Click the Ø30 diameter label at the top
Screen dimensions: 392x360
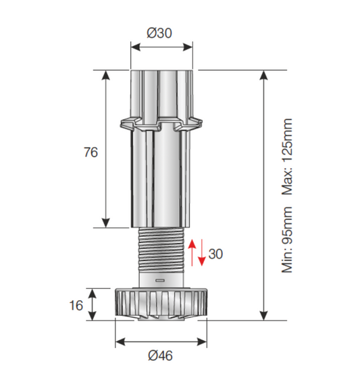pos(161,32)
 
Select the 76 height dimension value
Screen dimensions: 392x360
pos(91,152)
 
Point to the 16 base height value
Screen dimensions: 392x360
pos(76,305)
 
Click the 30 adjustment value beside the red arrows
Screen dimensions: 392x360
pos(215,254)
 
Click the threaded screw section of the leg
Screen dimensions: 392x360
pos(161,250)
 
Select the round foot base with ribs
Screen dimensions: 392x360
pos(161,304)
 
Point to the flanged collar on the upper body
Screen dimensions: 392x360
pos(161,125)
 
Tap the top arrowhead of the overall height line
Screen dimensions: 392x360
pos(263,74)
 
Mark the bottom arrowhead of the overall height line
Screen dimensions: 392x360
pos(263,316)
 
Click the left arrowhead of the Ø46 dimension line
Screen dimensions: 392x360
pos(120,341)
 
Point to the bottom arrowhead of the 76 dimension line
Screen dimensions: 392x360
pos(106,223)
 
